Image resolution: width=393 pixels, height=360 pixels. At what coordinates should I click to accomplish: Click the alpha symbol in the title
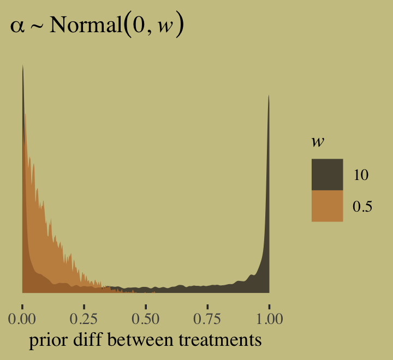click(17, 28)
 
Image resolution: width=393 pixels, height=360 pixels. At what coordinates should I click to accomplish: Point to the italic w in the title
click(164, 28)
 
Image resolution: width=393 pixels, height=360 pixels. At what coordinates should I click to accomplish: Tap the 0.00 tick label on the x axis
click(22, 319)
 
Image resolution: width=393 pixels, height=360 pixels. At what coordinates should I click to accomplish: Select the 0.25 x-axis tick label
click(84, 319)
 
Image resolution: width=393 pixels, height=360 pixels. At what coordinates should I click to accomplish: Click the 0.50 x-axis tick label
click(146, 319)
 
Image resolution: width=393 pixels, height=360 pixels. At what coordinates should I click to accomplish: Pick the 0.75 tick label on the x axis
click(207, 319)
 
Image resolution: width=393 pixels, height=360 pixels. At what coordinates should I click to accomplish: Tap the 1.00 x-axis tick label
click(269, 319)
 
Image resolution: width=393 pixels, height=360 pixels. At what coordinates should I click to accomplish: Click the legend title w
click(316, 142)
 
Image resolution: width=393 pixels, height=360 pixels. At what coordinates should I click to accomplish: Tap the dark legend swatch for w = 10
click(327, 175)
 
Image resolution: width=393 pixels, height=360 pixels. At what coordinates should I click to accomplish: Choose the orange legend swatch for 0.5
click(327, 206)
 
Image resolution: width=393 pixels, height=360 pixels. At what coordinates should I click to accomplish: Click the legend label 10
click(361, 175)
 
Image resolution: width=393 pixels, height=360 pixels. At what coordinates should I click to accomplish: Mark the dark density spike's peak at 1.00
click(269, 96)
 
